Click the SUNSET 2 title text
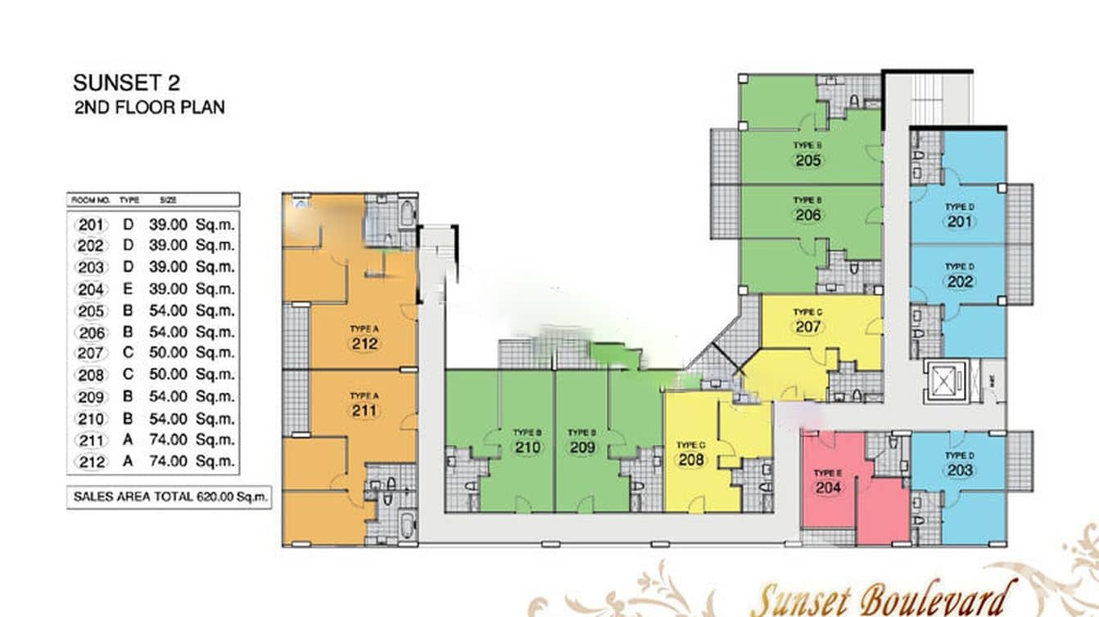126,83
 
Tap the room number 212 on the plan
364,344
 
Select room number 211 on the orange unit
364,410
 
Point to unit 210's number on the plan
528,448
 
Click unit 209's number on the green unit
582,448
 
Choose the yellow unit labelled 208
691,460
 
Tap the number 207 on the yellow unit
807,327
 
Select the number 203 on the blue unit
960,471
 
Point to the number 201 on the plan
960,223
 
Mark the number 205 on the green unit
807,160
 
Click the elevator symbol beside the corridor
945,381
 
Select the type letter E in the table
128,289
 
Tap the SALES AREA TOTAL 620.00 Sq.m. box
170,497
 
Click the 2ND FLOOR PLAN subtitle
149,107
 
